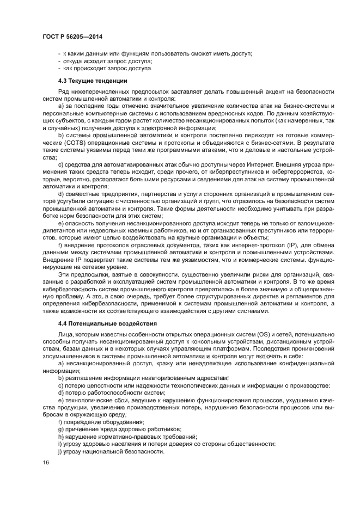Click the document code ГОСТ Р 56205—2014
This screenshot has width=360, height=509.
tap(72, 36)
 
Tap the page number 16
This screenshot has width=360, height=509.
tap(46, 462)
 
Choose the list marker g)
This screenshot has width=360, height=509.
tap(60, 430)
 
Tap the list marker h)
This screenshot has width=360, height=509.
tap(60, 437)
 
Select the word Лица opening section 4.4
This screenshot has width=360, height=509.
tap(65, 335)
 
